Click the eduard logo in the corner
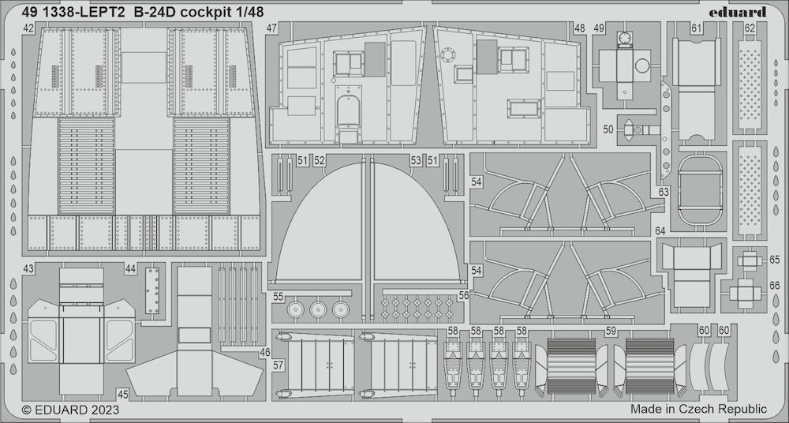point(738,12)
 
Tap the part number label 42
point(28,28)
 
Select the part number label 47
point(271,28)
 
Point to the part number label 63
point(664,192)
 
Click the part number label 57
point(278,366)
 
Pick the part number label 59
point(611,331)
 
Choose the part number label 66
point(775,286)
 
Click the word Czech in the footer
point(697,409)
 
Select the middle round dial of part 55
point(318,309)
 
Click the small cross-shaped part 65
point(750,260)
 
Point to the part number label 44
point(131,269)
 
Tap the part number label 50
point(608,130)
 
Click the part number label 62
point(750,28)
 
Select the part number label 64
point(660,231)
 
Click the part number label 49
point(599,28)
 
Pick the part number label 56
point(464,296)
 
